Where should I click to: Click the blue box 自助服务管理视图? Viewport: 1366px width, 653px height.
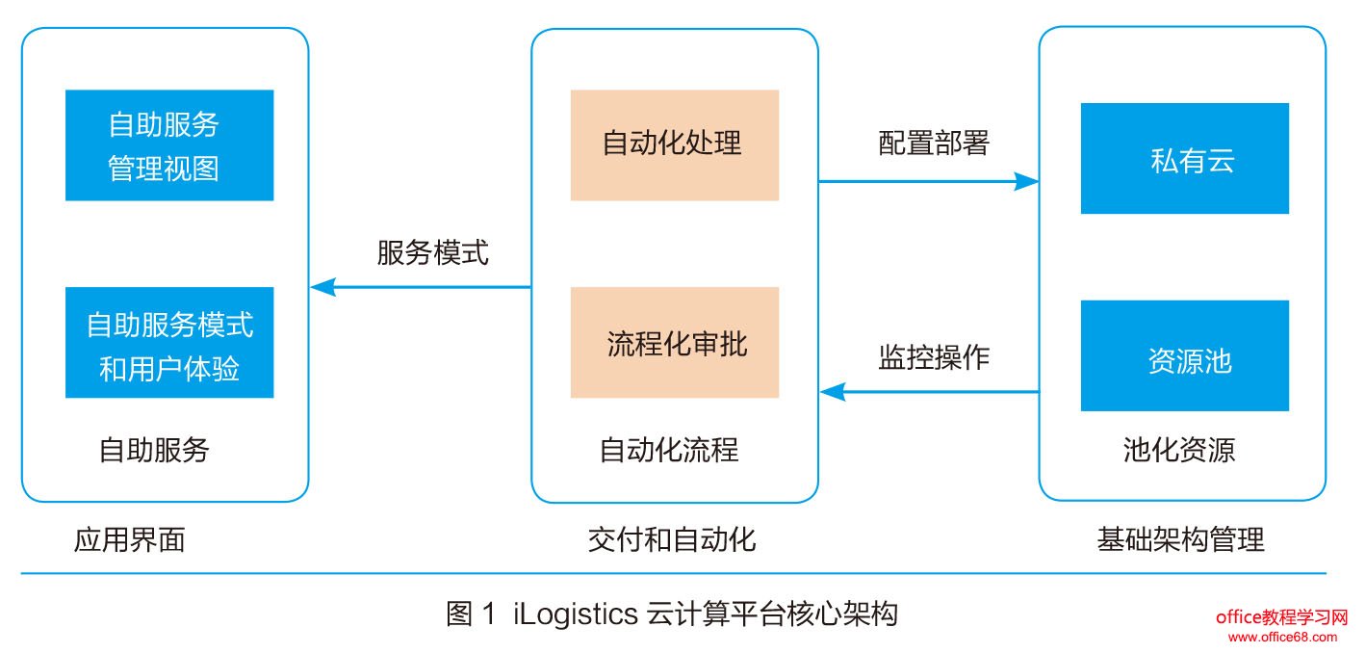[x=169, y=145]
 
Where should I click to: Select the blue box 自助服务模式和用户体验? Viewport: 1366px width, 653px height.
[x=169, y=343]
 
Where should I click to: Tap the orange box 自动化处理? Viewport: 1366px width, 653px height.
[x=674, y=145]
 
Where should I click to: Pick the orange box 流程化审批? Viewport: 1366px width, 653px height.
[x=674, y=343]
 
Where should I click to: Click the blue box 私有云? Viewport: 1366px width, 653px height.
[x=1184, y=159]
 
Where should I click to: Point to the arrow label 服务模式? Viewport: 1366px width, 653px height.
[x=432, y=253]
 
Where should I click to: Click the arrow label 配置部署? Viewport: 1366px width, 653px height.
[x=934, y=144]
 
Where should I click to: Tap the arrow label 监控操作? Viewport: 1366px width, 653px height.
[x=934, y=357]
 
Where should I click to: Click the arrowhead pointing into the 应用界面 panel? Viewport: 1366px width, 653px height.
[x=322, y=287]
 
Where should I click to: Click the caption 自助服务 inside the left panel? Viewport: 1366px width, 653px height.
[x=154, y=450]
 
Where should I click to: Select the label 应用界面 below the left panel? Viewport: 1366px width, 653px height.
[x=129, y=539]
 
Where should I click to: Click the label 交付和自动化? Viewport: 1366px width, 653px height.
[x=672, y=539]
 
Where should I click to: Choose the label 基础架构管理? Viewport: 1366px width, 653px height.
[x=1180, y=539]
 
